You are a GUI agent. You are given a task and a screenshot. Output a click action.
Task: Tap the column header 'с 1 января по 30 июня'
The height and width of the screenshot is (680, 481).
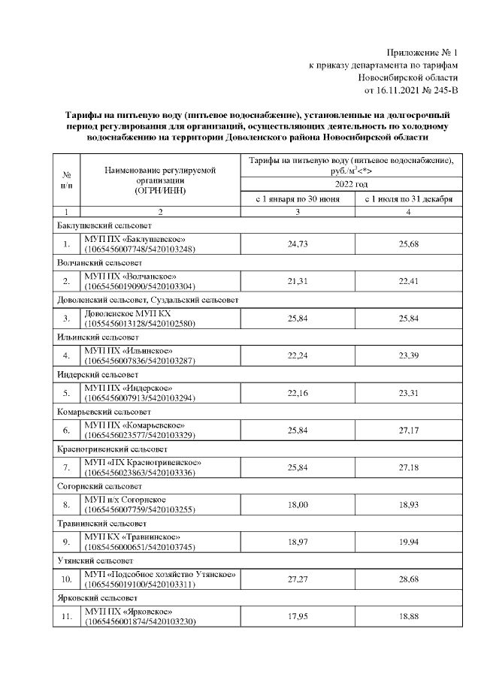298,199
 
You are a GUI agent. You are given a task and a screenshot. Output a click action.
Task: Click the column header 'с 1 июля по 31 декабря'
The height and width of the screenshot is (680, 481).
407,199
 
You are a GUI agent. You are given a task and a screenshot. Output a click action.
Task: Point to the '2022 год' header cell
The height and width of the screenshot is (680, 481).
352,184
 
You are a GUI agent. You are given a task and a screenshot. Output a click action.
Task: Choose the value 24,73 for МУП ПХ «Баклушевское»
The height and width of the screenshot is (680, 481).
298,244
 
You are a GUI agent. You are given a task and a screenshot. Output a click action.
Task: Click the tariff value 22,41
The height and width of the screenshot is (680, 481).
407,281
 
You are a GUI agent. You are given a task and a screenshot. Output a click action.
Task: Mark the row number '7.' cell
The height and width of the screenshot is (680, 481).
66,467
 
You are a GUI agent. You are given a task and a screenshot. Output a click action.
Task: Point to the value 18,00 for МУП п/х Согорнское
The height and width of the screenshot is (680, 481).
298,503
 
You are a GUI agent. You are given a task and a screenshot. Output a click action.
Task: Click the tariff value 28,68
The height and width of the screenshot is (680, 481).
407,579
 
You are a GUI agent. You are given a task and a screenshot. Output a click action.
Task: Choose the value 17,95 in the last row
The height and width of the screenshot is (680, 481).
298,615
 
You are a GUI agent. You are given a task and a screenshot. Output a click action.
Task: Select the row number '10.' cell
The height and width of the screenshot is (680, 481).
66,579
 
